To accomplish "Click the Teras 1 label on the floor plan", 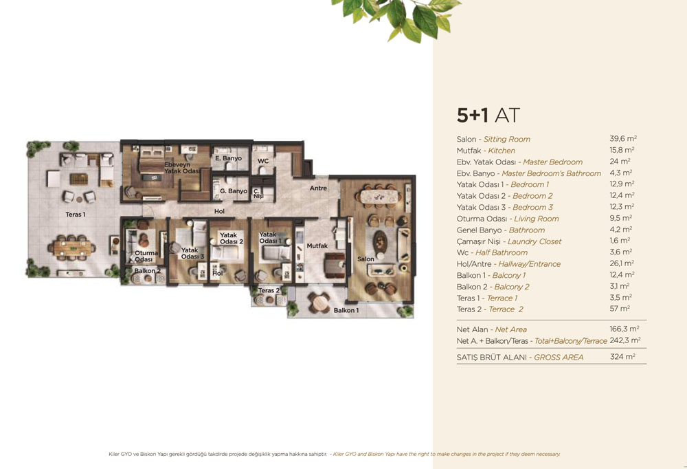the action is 76,215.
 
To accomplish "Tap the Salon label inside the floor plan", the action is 365,259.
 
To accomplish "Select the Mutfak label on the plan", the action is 317,246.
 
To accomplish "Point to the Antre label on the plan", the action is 319,188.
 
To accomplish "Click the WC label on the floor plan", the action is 263,161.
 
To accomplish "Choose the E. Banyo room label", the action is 228,158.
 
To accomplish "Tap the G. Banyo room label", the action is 234,191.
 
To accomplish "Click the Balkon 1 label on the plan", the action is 346,310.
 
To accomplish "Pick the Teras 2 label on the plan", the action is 269,290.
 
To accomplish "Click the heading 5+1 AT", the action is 488,116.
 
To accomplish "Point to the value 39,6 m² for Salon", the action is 623,139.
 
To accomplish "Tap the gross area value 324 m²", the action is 622,357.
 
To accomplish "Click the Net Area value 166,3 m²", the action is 624,329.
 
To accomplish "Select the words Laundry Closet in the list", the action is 534,241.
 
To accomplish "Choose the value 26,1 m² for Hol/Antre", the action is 622,263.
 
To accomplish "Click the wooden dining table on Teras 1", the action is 72,248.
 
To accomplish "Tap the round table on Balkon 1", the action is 319,303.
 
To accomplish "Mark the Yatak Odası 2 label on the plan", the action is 232,239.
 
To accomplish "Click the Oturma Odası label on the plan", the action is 146,257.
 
